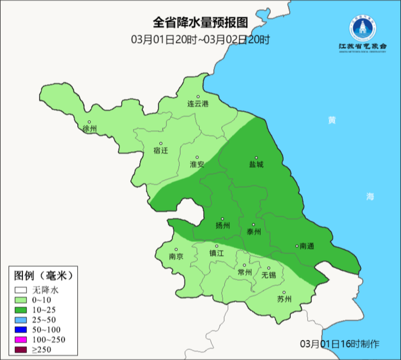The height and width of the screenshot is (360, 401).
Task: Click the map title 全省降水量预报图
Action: (200, 23)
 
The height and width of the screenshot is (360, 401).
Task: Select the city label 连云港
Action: (198, 104)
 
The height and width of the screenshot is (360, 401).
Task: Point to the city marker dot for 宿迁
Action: (161, 143)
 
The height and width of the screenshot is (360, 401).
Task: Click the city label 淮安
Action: (197, 164)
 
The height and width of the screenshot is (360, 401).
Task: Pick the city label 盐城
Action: (256, 164)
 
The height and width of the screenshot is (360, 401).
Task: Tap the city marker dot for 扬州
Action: (222, 219)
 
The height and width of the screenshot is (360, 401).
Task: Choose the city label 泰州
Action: (254, 232)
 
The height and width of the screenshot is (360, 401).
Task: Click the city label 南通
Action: (307, 246)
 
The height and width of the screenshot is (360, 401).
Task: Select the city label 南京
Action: (176, 256)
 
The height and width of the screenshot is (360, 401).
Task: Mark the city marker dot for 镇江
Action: (217, 246)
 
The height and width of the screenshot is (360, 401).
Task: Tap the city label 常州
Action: (245, 272)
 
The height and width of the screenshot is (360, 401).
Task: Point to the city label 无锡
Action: (269, 275)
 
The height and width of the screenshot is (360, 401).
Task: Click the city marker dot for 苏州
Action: (284, 292)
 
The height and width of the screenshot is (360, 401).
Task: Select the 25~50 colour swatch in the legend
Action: (21, 320)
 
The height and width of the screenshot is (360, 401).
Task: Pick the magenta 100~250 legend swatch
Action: (21, 340)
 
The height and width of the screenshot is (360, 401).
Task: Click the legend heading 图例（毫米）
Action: (43, 276)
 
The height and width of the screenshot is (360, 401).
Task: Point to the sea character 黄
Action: (332, 120)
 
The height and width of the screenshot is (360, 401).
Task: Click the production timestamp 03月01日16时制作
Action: (340, 344)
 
